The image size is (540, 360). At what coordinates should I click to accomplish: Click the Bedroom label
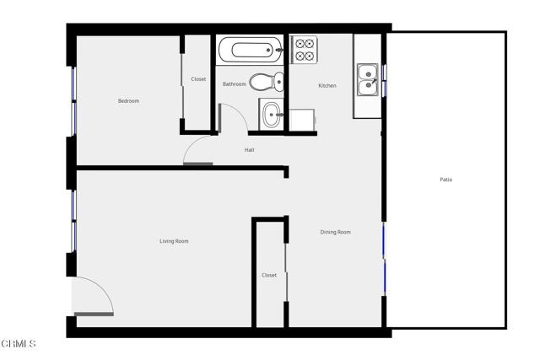128,101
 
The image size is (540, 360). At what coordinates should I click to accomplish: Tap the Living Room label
174,241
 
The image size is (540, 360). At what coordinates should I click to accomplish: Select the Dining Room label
336,232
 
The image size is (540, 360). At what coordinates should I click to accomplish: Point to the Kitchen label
327,85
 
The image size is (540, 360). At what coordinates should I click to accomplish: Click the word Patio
446,180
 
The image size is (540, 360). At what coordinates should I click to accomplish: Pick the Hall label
250,150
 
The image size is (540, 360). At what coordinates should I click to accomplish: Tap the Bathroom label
235,84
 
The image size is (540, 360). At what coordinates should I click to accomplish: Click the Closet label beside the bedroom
198,78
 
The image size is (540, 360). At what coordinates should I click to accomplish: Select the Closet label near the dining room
269,275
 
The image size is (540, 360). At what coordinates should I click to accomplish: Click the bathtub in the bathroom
251,50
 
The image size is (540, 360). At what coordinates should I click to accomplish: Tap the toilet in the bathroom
267,82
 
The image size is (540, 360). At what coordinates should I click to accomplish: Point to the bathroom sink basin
272,115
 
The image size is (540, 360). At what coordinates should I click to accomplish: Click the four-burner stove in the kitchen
305,49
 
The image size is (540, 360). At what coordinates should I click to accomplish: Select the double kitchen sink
368,79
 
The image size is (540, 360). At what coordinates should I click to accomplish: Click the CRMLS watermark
19,343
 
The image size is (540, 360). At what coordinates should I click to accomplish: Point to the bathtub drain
268,51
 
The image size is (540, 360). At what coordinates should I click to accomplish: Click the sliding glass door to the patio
385,259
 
